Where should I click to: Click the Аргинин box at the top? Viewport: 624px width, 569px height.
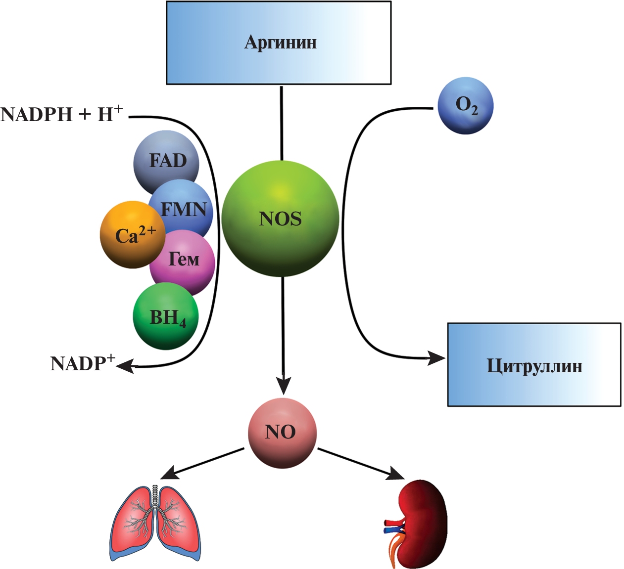(x=279, y=43)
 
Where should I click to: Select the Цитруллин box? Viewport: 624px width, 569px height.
(x=534, y=365)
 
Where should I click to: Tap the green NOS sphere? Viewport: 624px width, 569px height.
(x=280, y=218)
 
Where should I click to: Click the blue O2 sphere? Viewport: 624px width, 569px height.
(x=466, y=105)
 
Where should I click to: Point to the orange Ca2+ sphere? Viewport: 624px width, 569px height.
(x=130, y=235)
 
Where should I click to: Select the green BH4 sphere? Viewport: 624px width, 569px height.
(x=166, y=317)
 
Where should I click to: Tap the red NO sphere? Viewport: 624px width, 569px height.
(x=282, y=433)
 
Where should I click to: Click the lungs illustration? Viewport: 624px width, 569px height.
(x=155, y=524)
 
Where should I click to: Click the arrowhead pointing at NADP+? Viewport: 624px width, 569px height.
(x=125, y=366)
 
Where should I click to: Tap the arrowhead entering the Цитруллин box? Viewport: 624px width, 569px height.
(x=437, y=358)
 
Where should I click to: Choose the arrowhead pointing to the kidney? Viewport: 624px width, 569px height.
(x=396, y=475)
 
